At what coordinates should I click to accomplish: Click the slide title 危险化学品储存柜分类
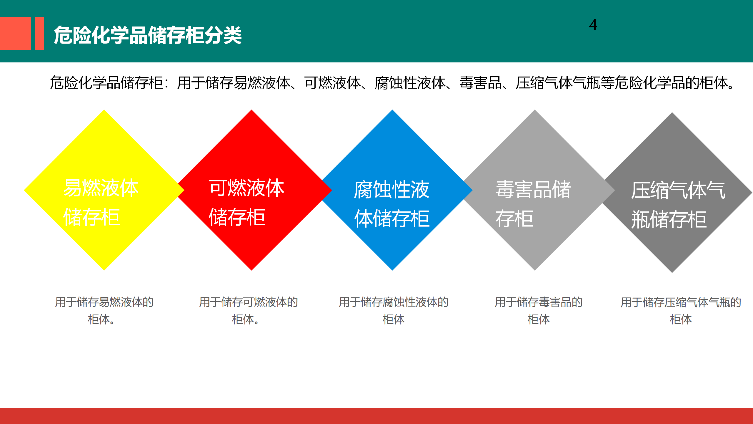(x=148, y=35)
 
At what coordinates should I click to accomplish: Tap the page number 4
(x=593, y=25)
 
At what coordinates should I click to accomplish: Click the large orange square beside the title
(x=15, y=34)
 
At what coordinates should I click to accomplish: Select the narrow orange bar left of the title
(x=39, y=34)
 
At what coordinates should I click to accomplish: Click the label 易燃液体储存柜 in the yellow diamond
(x=101, y=202)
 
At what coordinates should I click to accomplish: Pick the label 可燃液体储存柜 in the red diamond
(x=246, y=202)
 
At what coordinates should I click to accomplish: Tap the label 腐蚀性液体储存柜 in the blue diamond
(x=392, y=204)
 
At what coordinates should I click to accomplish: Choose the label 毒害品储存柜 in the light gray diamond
(x=533, y=204)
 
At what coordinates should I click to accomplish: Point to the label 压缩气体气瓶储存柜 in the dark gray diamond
(x=678, y=205)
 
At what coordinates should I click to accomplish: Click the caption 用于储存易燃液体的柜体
(x=104, y=311)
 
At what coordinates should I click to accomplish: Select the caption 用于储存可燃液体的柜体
(x=249, y=311)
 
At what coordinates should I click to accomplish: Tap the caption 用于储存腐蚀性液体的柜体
(x=394, y=311)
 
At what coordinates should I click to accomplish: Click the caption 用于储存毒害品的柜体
(x=539, y=311)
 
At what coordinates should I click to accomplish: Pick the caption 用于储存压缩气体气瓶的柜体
(x=681, y=311)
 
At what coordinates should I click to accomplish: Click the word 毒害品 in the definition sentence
(x=481, y=83)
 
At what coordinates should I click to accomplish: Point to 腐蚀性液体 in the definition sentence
(x=410, y=83)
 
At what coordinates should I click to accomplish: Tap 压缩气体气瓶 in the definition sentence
(x=558, y=83)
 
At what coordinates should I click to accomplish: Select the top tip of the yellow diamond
(x=104, y=110)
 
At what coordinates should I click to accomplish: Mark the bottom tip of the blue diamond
(x=392, y=270)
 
